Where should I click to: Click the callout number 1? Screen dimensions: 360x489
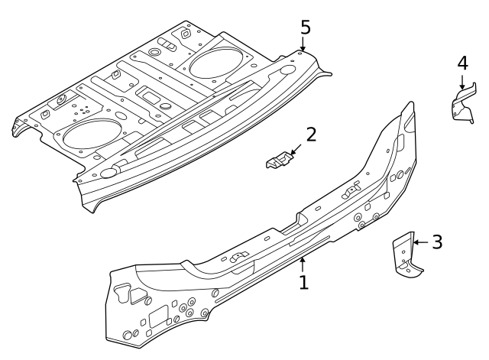(x=303, y=282)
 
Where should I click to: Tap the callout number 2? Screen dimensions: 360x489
(x=310, y=135)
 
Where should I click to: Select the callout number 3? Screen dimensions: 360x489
(x=436, y=242)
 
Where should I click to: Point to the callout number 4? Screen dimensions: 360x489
(x=462, y=63)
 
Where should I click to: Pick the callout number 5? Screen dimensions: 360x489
(x=305, y=27)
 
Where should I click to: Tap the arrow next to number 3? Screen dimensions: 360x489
(x=419, y=242)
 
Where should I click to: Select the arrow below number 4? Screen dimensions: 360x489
(x=462, y=84)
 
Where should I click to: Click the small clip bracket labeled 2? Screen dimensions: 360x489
(x=278, y=161)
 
